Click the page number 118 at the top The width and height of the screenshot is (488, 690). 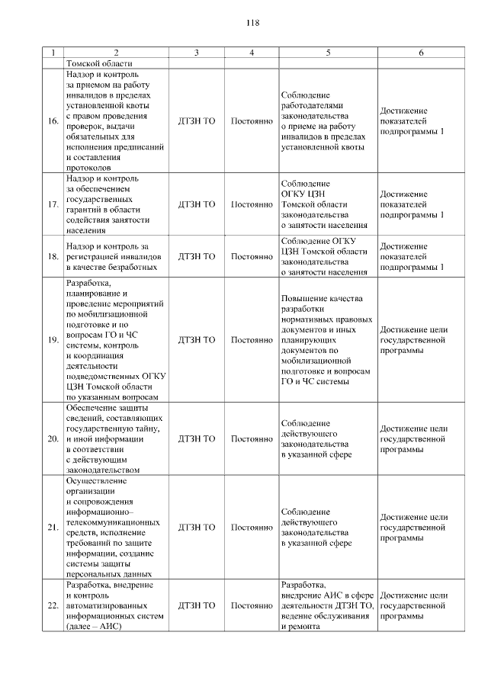click(x=252, y=23)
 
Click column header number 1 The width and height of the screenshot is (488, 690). click(x=53, y=53)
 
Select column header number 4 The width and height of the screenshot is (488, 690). click(x=252, y=53)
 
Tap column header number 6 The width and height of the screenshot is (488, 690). click(x=422, y=53)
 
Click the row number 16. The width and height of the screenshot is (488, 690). click(x=53, y=120)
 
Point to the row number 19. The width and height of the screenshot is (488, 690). click(x=53, y=339)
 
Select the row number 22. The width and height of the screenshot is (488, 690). click(x=53, y=605)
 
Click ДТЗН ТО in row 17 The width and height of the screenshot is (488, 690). click(x=197, y=204)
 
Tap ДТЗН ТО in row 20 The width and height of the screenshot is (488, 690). click(x=197, y=438)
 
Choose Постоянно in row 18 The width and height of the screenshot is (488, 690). click(x=252, y=257)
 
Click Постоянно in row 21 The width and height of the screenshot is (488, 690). click(x=252, y=527)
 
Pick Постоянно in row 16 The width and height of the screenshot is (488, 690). click(x=252, y=120)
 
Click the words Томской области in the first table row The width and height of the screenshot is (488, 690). click(x=100, y=64)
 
